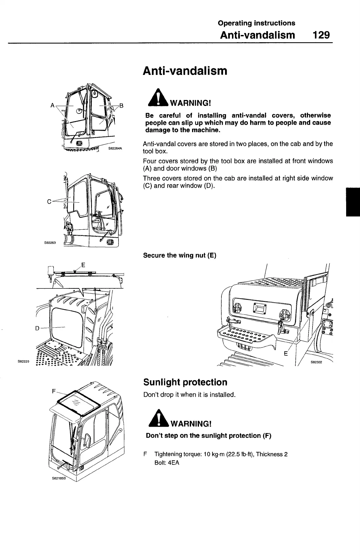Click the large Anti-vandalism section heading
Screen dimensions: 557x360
coord(185,71)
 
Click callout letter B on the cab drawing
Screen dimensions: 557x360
coord(121,106)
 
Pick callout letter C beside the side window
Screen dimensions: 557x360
coord(49,202)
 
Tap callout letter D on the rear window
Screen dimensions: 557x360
coord(37,328)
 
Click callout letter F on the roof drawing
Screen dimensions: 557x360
coord(54,391)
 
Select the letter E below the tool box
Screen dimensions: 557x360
coord(286,354)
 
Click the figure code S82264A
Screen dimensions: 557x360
coord(115,148)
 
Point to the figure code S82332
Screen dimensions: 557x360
coord(316,362)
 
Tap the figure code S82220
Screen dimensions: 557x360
coord(23,362)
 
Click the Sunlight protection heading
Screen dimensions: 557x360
coord(185,382)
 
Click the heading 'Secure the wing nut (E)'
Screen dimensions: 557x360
coord(180,255)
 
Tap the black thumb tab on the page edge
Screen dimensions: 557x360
coord(353,201)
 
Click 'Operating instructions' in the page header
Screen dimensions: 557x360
coord(256,23)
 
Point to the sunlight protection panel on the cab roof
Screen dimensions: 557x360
coord(78,402)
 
